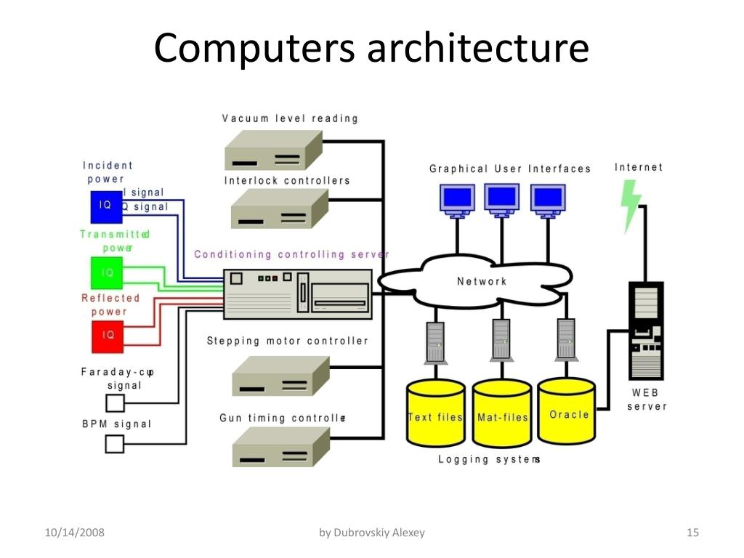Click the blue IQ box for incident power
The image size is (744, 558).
coord(105,206)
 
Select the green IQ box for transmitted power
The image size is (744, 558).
coord(108,272)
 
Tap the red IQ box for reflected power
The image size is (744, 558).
coord(108,335)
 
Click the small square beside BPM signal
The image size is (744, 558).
coord(115,443)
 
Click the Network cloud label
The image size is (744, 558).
coord(482,281)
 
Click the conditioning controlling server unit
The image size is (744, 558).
coord(297,292)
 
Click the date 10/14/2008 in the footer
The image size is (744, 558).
coord(74,533)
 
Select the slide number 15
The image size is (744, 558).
coord(692,533)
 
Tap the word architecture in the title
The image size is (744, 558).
coord(477,48)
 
